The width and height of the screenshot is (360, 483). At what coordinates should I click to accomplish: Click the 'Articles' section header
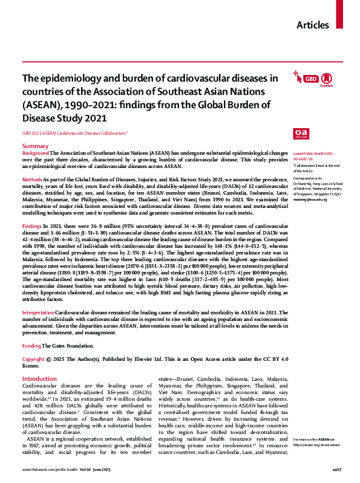(x=313, y=25)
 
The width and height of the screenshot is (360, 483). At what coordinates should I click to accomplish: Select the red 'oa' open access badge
(x=301, y=132)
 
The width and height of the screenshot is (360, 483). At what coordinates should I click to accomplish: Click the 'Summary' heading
(x=35, y=147)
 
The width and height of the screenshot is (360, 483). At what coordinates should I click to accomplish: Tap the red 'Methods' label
(x=32, y=180)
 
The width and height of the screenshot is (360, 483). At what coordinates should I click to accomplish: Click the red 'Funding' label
(x=31, y=346)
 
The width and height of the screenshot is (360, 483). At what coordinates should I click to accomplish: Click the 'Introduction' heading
(x=39, y=378)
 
